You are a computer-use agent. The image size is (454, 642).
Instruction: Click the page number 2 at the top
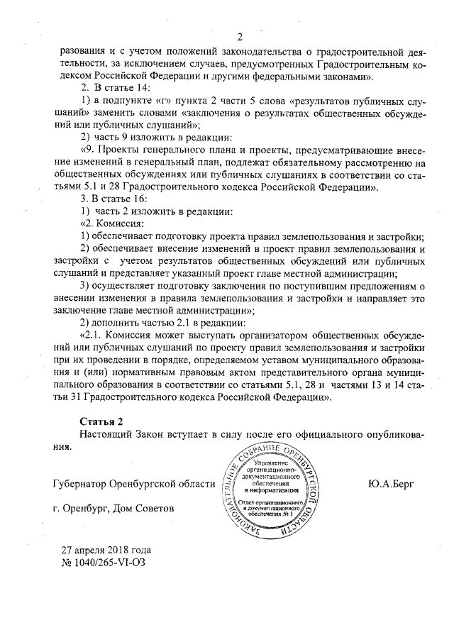[239, 38]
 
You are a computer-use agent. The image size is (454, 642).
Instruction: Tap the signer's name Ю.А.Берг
[392, 484]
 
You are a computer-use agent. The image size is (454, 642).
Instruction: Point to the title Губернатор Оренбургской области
[133, 484]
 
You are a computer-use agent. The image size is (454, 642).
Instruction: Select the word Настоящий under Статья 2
[104, 433]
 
